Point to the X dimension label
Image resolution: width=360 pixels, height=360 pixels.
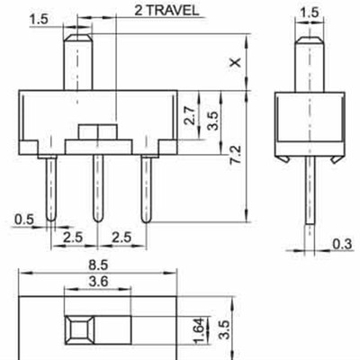point(236,62)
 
